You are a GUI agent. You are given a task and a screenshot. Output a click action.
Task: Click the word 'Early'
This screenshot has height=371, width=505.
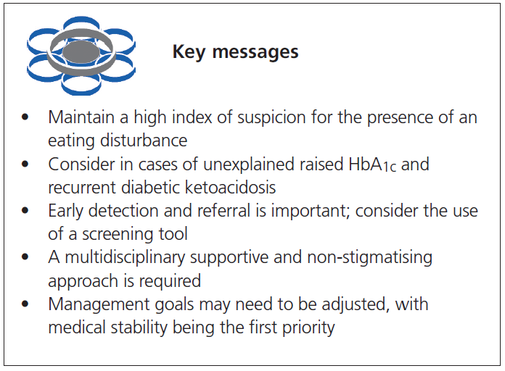(x=66, y=210)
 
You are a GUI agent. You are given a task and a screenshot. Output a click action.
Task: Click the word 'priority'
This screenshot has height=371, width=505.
(x=308, y=327)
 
